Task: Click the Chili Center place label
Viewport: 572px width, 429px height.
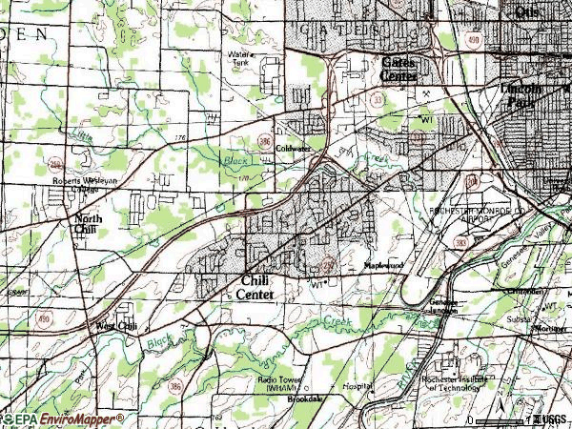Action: (x=255, y=288)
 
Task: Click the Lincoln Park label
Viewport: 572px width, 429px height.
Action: (x=521, y=93)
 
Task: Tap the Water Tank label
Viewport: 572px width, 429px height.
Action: (x=239, y=58)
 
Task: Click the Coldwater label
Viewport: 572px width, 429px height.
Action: (x=294, y=149)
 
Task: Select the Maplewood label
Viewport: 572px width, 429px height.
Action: (x=381, y=266)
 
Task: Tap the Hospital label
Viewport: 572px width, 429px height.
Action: (x=357, y=388)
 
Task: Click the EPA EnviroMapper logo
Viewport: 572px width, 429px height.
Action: (x=63, y=419)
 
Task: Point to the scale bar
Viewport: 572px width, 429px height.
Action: (x=502, y=419)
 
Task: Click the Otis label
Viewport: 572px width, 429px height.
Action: (x=526, y=11)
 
